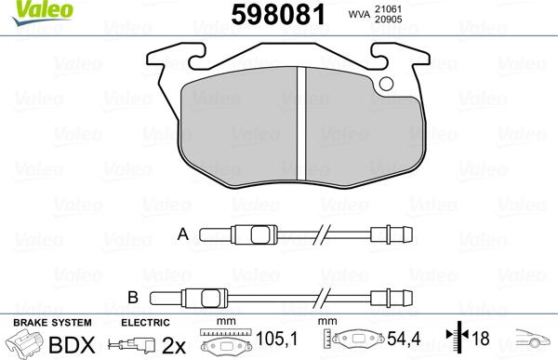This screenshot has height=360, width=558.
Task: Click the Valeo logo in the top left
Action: (28, 10)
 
